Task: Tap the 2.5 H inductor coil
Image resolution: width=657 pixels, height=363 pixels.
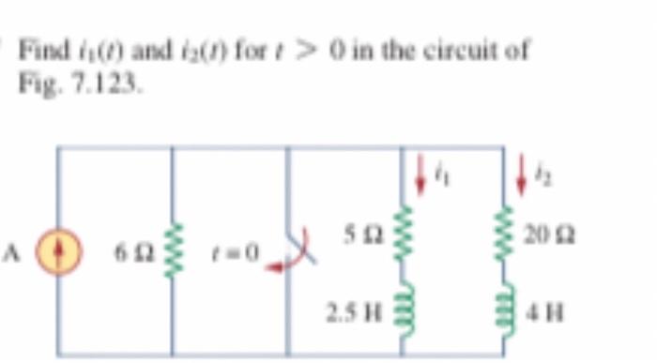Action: click(403, 306)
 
